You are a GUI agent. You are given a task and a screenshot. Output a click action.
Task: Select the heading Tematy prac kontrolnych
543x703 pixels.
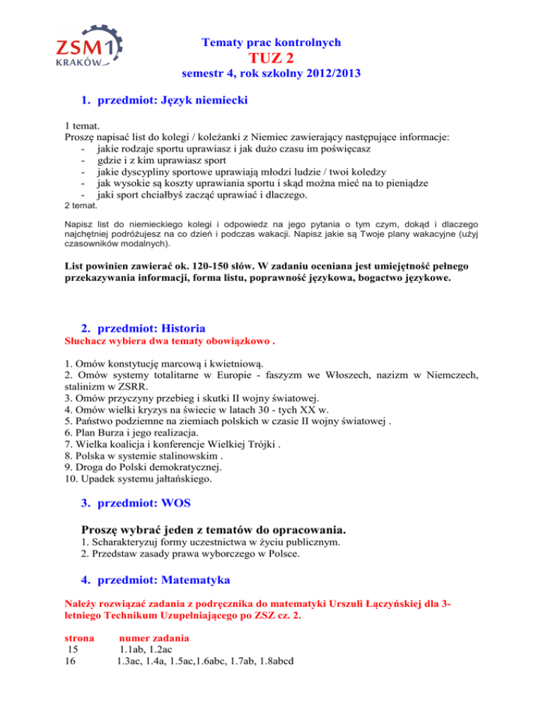click(x=271, y=42)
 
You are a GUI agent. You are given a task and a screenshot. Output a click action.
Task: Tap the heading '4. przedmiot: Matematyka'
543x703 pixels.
click(x=155, y=581)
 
